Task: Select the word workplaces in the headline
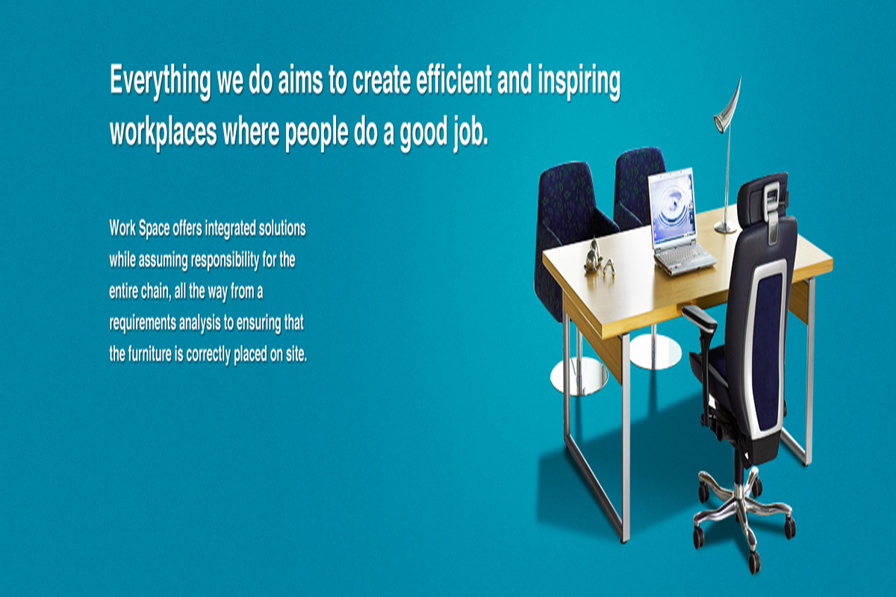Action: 164,132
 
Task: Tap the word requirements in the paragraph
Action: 143,323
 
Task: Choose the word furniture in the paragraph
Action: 149,354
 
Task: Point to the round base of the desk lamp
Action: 725,228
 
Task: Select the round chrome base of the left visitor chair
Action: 579,376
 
